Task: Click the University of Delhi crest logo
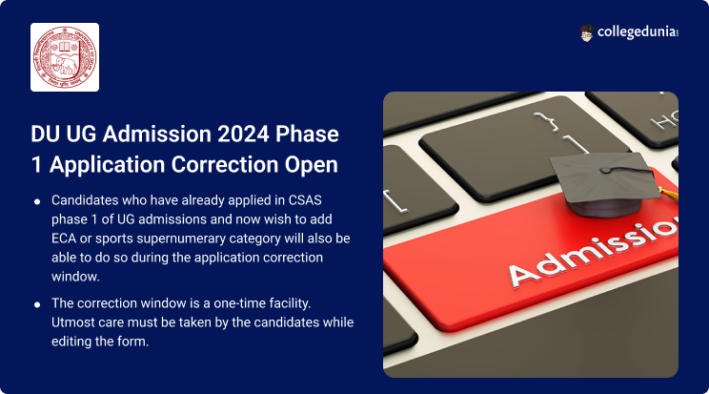pos(65,57)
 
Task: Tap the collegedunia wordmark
pos(638,32)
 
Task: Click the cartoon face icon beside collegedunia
pos(586,33)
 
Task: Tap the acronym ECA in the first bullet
pos(63,238)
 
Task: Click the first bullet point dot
pos(37,201)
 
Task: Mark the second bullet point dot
pos(37,304)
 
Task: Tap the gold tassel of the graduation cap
pos(669,194)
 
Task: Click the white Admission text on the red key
pos(594,253)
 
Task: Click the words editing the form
pos(100,342)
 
